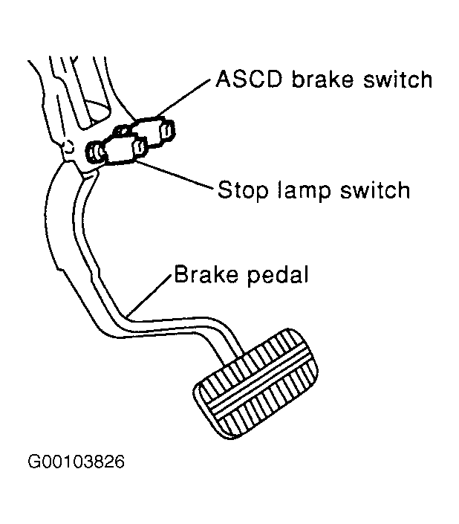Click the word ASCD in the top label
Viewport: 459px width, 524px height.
point(249,80)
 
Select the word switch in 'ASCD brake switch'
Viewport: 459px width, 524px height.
point(397,80)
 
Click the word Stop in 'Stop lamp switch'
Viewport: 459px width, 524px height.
point(243,190)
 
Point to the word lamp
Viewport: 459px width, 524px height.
point(304,191)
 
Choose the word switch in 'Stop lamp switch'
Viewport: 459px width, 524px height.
point(375,190)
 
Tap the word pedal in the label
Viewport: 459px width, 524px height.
point(278,275)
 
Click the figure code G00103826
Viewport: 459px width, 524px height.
point(76,462)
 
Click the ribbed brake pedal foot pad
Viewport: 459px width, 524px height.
point(255,384)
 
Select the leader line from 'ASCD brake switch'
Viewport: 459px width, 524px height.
point(183,97)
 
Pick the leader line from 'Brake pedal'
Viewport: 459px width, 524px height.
point(149,295)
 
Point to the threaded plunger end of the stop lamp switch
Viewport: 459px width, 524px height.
point(94,152)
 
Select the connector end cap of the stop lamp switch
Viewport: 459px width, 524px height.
point(140,149)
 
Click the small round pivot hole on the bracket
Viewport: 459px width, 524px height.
point(69,146)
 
